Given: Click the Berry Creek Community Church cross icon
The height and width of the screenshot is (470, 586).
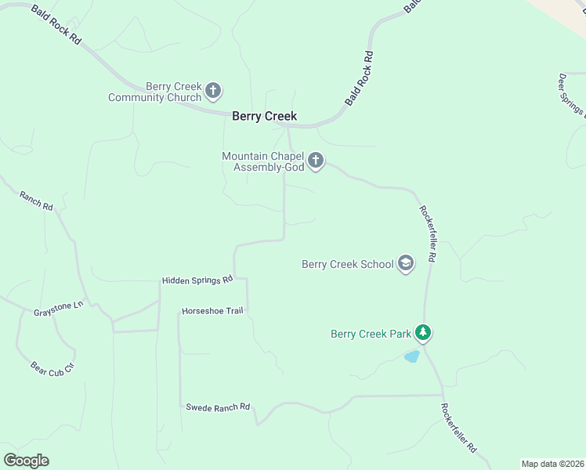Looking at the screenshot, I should (x=213, y=92).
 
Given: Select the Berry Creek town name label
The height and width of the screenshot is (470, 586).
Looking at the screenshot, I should (x=265, y=116).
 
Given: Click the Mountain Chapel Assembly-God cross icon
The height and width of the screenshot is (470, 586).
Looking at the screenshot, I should (x=316, y=161).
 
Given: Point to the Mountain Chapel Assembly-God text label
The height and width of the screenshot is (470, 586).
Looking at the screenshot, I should (x=262, y=161).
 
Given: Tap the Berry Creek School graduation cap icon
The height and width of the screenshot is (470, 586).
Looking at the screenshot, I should (x=406, y=263).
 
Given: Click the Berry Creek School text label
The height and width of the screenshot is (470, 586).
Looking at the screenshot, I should (x=348, y=264).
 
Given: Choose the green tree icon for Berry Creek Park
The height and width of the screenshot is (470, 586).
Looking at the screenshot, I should (x=423, y=333).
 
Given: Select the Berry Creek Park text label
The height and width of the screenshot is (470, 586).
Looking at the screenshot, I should (x=371, y=334).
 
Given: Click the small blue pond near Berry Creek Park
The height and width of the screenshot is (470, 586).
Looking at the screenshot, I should (x=411, y=356).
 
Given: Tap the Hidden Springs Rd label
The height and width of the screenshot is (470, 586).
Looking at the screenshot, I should (x=197, y=280).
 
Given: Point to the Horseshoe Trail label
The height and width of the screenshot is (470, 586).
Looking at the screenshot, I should (x=212, y=311).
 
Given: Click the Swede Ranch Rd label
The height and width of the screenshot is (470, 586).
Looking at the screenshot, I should (x=217, y=407).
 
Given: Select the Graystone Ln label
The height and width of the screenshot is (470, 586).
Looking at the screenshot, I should (x=58, y=309).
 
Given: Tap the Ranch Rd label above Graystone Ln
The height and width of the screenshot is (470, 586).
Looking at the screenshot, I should (x=36, y=202).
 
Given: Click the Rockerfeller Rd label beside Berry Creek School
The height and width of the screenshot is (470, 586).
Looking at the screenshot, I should (x=428, y=233).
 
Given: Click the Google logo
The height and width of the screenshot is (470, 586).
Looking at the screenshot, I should (x=26, y=460).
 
